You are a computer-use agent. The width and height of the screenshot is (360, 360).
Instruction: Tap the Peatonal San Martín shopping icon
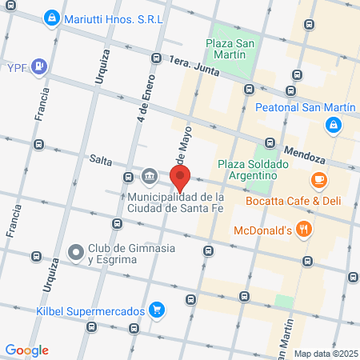333,125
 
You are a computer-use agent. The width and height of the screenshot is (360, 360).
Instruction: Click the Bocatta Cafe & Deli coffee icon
319,179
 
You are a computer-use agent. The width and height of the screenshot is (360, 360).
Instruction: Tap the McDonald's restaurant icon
304,230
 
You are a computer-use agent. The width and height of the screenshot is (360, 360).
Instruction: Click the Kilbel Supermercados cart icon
158,310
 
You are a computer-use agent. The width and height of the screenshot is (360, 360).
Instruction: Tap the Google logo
26,350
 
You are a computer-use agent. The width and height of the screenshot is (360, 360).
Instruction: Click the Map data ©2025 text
323,353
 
